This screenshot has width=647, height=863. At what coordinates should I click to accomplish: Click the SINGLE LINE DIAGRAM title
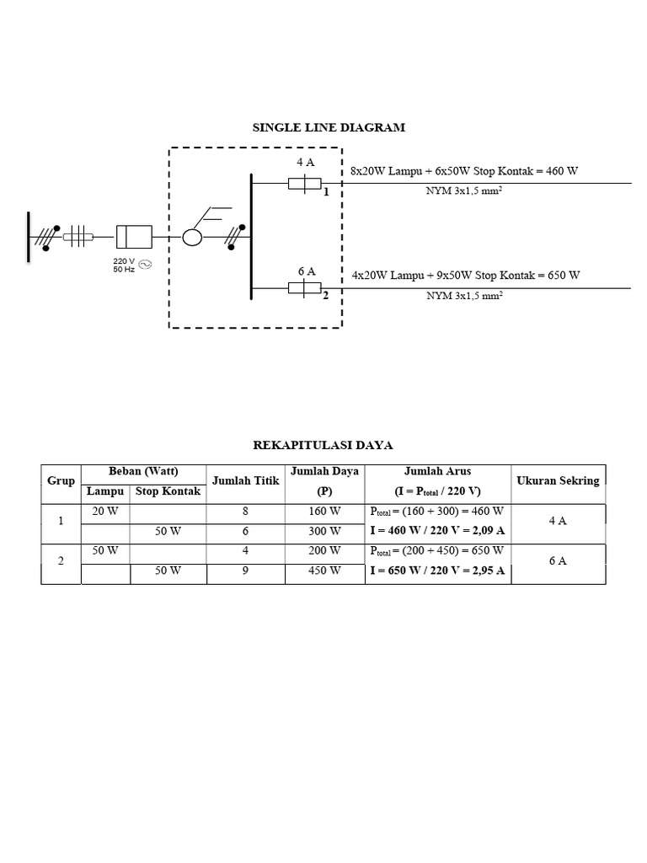click(x=329, y=128)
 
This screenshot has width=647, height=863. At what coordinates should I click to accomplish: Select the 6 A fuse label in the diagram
click(x=307, y=271)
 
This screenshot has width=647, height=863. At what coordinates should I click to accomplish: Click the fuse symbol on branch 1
click(x=304, y=183)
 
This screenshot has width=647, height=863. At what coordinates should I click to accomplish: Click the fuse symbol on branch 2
click(x=304, y=289)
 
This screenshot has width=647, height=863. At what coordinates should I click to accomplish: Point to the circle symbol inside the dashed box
click(x=192, y=237)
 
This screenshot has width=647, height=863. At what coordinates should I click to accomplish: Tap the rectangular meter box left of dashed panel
click(x=133, y=237)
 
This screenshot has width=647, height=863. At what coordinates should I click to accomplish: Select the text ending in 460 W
click(x=464, y=171)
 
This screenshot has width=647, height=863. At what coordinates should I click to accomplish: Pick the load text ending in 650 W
click(x=466, y=276)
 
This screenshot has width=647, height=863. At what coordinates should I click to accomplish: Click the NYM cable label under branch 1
click(x=464, y=191)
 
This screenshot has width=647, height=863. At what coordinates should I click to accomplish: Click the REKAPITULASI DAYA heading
click(x=323, y=444)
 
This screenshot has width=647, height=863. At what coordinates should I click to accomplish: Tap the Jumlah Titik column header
click(x=244, y=481)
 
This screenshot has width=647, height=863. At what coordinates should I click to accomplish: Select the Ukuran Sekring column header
click(x=558, y=481)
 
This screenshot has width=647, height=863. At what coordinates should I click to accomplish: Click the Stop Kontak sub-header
click(x=168, y=491)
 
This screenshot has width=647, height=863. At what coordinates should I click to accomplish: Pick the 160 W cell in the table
click(x=323, y=512)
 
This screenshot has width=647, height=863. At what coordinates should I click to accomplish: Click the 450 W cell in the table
click(x=323, y=571)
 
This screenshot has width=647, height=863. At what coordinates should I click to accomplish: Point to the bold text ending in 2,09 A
click(x=437, y=531)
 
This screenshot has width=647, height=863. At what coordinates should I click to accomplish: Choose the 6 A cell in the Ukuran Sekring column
click(x=558, y=560)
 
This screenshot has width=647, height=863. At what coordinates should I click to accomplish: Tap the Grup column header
click(x=61, y=481)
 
